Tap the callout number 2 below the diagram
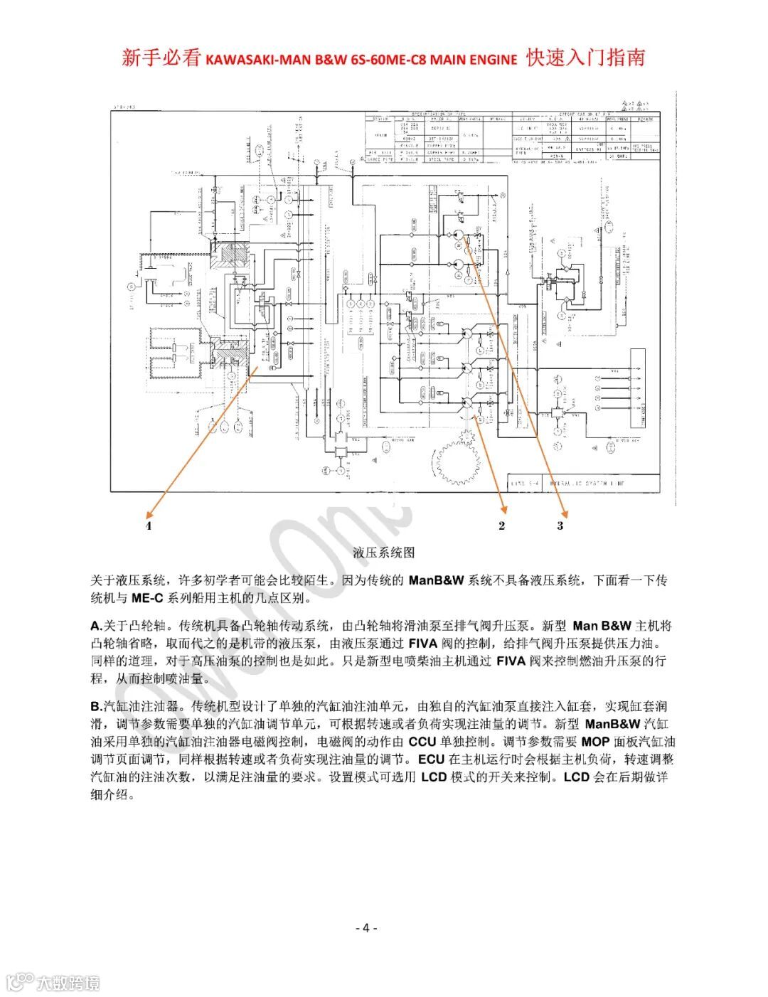(x=502, y=526)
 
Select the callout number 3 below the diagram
(x=560, y=526)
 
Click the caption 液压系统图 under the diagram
(x=383, y=552)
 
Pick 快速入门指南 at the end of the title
(x=585, y=58)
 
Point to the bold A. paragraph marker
(x=97, y=627)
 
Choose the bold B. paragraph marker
(x=97, y=707)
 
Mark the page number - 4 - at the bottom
(x=366, y=927)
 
